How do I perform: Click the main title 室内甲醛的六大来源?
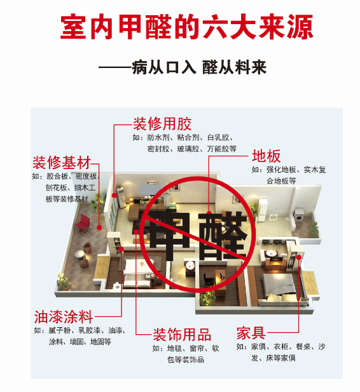[x=187, y=27]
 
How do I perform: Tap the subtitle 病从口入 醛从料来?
[x=199, y=67]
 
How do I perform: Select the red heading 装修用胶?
[x=162, y=124]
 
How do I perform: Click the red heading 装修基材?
[x=61, y=163]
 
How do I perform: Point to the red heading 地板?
[x=266, y=156]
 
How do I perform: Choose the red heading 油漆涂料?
[x=64, y=317]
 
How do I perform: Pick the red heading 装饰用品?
[x=182, y=335]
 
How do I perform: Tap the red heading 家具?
[x=251, y=333]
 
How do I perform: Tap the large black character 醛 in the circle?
[x=223, y=236]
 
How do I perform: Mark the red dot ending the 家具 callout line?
[x=299, y=257]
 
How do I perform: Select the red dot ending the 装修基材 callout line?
[x=99, y=227]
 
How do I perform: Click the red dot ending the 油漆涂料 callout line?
[x=121, y=249]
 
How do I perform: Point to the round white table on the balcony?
[x=80, y=255]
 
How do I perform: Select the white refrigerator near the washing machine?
[x=262, y=210]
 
